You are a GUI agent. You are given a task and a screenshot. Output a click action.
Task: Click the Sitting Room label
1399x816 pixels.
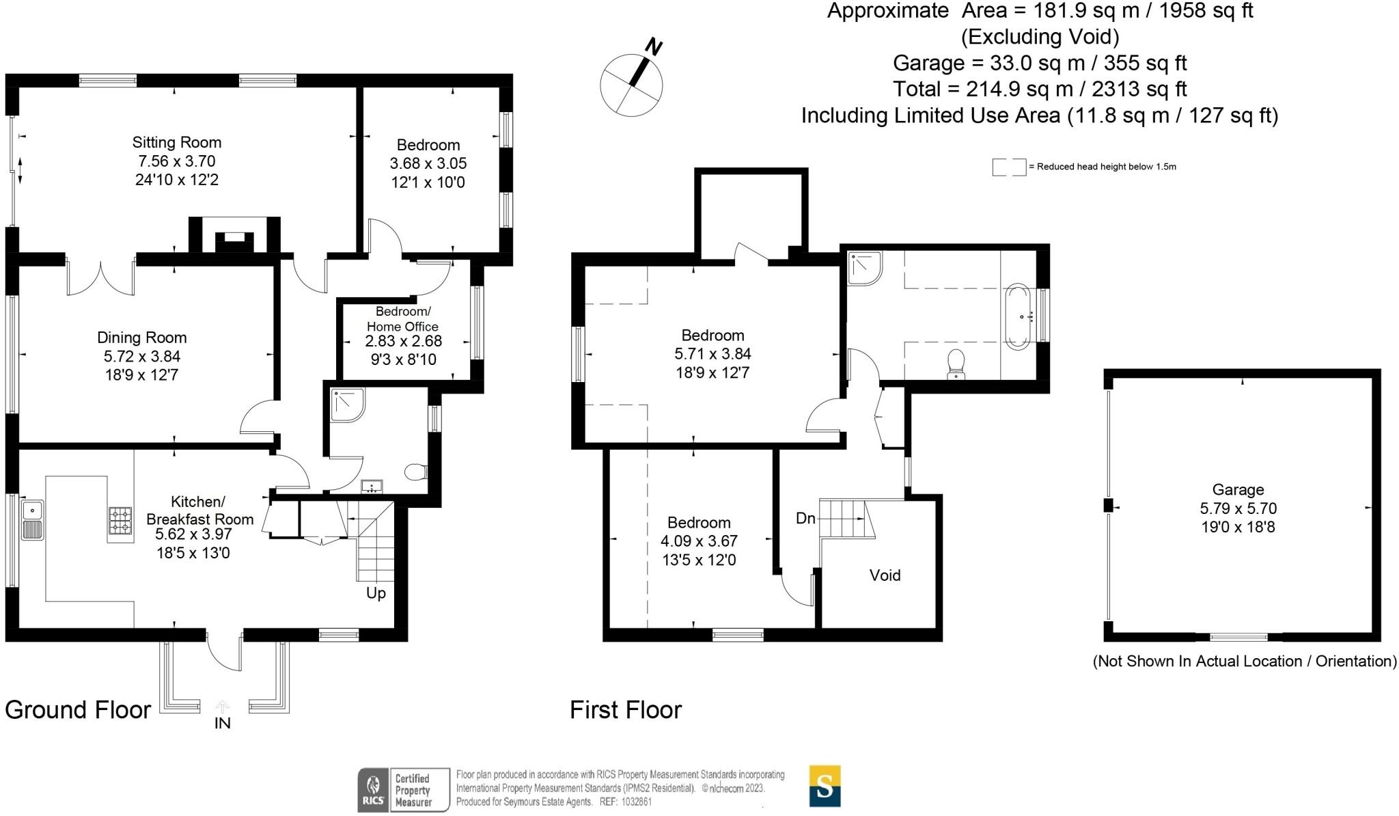pos(177,142)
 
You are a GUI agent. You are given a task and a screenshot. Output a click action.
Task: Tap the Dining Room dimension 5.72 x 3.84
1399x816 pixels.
pos(142,356)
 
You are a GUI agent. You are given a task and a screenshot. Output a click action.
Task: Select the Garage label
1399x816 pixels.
pos(1238,489)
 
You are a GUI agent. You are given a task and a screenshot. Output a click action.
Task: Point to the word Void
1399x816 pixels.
pos(885,575)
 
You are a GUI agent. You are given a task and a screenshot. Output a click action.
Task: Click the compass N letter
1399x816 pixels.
pos(654,47)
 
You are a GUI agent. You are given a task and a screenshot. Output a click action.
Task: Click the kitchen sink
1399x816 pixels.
pos(32,520)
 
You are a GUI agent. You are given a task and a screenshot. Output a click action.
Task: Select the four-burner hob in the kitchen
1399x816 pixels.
pos(121,520)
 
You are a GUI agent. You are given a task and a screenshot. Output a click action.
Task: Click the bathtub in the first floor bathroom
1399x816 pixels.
pos(1018,316)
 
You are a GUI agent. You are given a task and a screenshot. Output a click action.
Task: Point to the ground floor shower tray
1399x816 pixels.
pos(348,405)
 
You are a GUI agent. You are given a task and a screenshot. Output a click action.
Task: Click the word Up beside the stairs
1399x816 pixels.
pos(376,593)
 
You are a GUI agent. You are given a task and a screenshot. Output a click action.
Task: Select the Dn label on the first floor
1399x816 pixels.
pos(806,518)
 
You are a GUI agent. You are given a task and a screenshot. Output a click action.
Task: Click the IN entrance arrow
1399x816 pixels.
pos(223,707)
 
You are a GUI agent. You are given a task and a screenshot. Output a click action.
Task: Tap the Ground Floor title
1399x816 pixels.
pos(78,710)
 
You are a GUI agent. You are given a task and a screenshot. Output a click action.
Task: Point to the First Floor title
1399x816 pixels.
pos(626,710)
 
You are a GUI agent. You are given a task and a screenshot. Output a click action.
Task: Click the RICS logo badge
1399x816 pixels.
pos(404,790)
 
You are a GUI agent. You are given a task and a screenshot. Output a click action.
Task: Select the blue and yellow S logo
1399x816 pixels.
pos(825,786)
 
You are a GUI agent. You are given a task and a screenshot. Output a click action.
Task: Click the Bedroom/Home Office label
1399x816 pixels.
pos(402,319)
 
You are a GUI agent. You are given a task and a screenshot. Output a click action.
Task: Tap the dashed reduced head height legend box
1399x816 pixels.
pos(1009,167)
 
